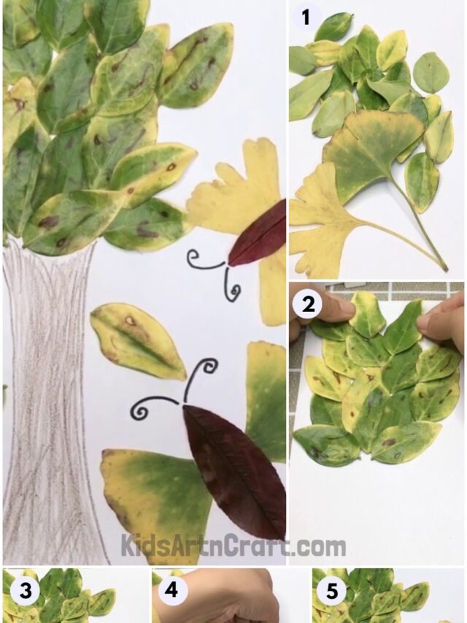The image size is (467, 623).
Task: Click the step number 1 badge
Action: (306, 17)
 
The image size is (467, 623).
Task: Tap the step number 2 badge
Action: (308, 305)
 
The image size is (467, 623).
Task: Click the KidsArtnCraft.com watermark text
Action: (233, 546)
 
